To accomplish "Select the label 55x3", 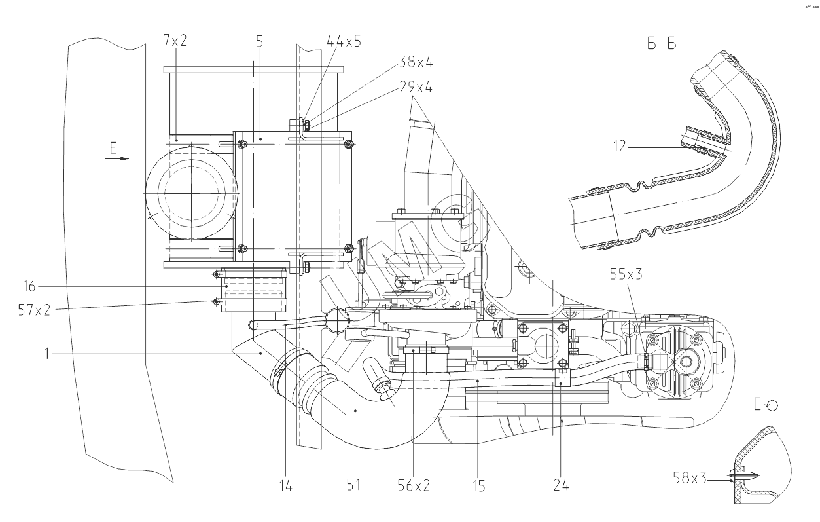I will click(x=625, y=274).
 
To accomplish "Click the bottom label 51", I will click(x=353, y=485).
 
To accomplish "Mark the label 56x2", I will click(x=414, y=485).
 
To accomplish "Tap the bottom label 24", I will click(x=560, y=485).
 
